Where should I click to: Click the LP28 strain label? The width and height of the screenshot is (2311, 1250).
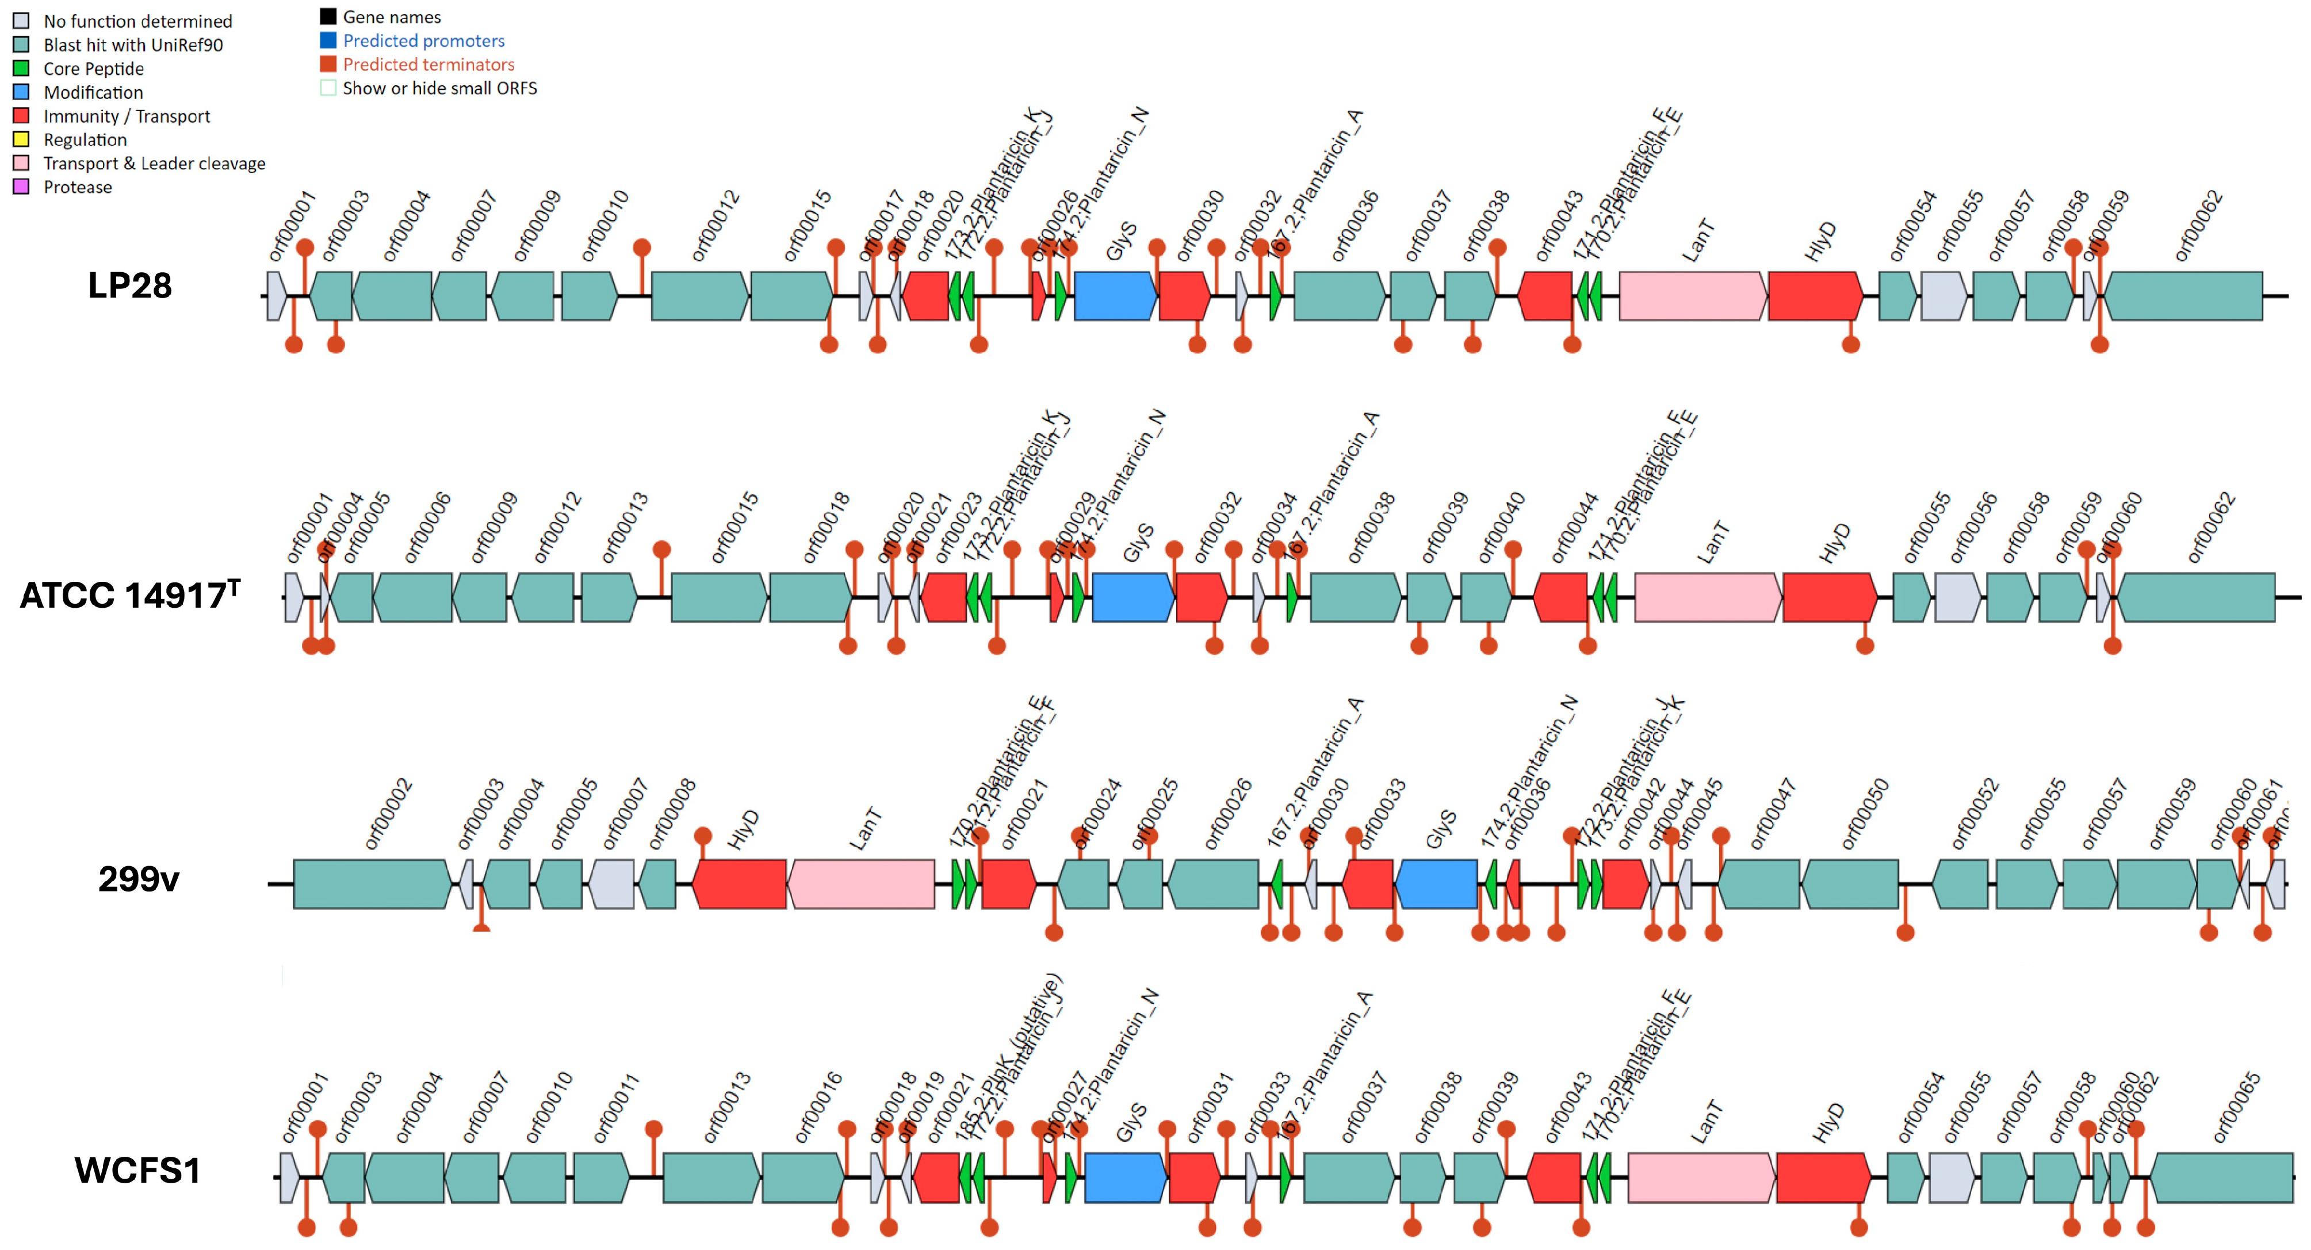[x=129, y=285]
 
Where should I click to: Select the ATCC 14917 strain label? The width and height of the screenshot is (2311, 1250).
[x=129, y=595]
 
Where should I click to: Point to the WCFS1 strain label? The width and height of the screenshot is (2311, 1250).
[x=137, y=1170]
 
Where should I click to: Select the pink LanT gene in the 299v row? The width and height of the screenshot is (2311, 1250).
[x=860, y=884]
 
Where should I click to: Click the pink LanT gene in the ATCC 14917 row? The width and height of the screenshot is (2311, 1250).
[x=1707, y=597]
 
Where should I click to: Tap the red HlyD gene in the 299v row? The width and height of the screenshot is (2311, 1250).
[x=739, y=884]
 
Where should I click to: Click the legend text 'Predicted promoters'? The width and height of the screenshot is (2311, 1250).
[x=423, y=40]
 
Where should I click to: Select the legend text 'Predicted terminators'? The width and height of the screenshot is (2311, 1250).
[x=428, y=64]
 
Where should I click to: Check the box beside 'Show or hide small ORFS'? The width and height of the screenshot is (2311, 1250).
[x=328, y=88]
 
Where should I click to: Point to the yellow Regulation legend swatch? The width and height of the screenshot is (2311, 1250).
[x=21, y=139]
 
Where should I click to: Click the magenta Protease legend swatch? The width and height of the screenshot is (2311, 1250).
[x=21, y=186]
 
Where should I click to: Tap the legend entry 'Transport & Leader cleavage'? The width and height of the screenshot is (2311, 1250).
[x=154, y=163]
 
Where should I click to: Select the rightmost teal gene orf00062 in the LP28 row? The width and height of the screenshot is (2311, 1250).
[x=2183, y=296]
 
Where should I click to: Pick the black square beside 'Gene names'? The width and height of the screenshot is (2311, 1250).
[x=328, y=16]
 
